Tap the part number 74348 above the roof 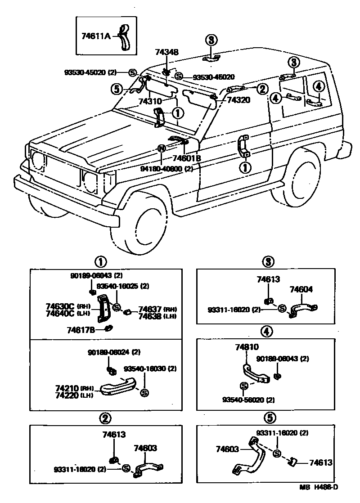click(167, 53)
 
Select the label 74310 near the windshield click(151, 102)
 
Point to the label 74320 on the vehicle click(238, 100)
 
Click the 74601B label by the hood click(187, 158)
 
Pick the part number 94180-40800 click(162, 170)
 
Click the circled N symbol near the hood click(162, 148)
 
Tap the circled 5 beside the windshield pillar click(117, 90)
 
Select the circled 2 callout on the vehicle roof click(262, 89)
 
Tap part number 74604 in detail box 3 click(301, 290)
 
